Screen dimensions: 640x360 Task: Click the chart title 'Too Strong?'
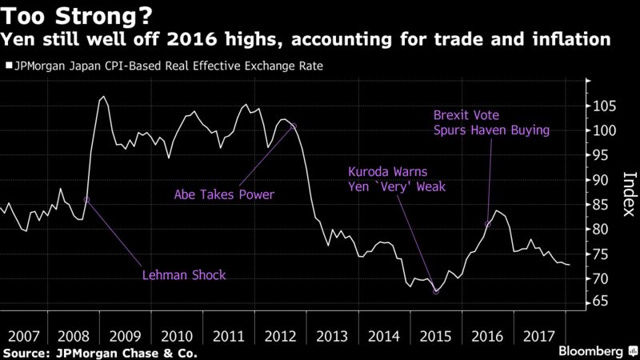[78, 15]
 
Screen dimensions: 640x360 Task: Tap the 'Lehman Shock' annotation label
[184, 275]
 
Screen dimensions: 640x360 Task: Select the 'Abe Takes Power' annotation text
[224, 194]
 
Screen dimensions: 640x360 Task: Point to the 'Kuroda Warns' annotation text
[387, 171]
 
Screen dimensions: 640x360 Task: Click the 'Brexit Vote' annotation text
[466, 115]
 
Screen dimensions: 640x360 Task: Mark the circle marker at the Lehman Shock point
[86, 200]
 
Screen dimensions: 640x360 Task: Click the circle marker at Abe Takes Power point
[293, 126]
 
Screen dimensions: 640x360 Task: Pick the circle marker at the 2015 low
[436, 291]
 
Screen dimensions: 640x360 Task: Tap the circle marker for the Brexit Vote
[488, 224]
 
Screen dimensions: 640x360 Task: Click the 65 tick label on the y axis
[601, 302]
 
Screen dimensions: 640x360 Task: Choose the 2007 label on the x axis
[24, 336]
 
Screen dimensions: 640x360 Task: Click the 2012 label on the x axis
[280, 336]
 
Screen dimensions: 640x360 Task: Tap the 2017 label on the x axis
[538, 336]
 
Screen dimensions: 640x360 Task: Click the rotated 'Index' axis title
[630, 194]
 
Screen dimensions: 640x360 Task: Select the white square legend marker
[9, 66]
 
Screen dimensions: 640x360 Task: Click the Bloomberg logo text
[590, 351]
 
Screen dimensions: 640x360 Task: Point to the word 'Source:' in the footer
[26, 353]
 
